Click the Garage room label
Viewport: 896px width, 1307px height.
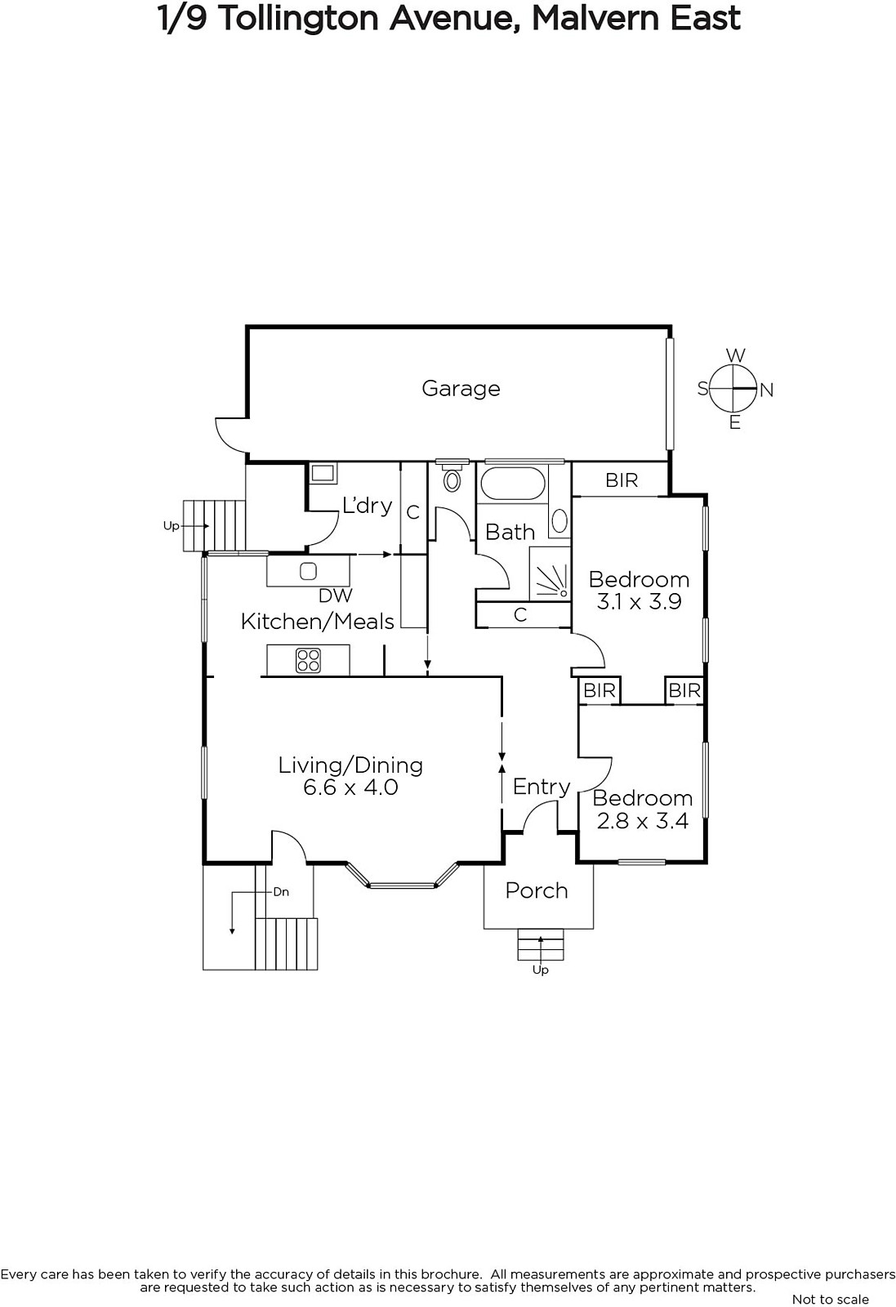461,389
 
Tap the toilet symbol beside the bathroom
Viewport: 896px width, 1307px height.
452,475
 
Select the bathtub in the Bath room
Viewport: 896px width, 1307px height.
513,484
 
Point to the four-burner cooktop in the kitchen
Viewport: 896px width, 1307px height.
308,661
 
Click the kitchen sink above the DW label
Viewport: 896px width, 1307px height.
308,571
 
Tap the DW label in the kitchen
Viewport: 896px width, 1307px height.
336,596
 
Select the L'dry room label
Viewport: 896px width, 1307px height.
367,506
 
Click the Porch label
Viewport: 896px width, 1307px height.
537,891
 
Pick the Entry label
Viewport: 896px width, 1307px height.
542,787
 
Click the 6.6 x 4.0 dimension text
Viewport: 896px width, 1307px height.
350,787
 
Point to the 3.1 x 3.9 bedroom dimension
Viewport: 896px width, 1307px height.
639,601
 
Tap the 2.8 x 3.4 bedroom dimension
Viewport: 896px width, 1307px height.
642,821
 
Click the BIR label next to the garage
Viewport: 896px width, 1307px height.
622,480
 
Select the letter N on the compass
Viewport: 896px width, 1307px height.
766,390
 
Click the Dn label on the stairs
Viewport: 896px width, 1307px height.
281,892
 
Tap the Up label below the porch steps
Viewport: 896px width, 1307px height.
540,970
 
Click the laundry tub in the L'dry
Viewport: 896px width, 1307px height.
323,473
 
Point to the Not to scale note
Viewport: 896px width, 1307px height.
830,1299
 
